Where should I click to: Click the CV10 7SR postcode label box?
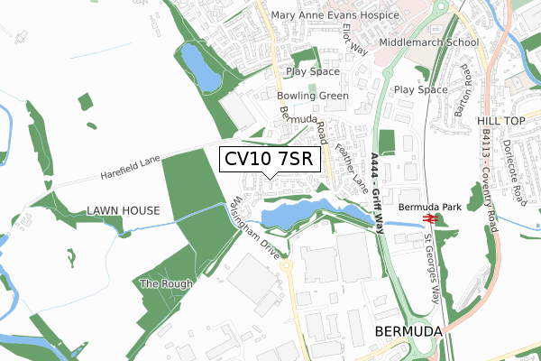(x=270, y=160)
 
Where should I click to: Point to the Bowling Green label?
(x=313, y=96)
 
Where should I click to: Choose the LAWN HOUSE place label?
(x=124, y=211)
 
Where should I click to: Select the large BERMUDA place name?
(x=408, y=332)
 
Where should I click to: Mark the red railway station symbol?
(x=431, y=218)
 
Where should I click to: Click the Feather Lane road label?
(x=354, y=168)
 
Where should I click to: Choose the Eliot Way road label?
(x=357, y=40)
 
